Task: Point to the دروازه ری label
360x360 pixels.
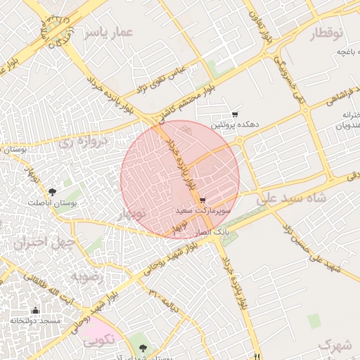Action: tap(82, 141)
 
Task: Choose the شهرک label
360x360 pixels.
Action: tap(334, 345)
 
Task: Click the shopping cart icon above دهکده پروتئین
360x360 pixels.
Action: tap(235, 115)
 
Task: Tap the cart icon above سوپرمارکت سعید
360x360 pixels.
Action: tap(203, 200)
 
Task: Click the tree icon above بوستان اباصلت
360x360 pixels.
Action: tap(52, 192)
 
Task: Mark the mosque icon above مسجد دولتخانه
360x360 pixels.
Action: tap(35, 310)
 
